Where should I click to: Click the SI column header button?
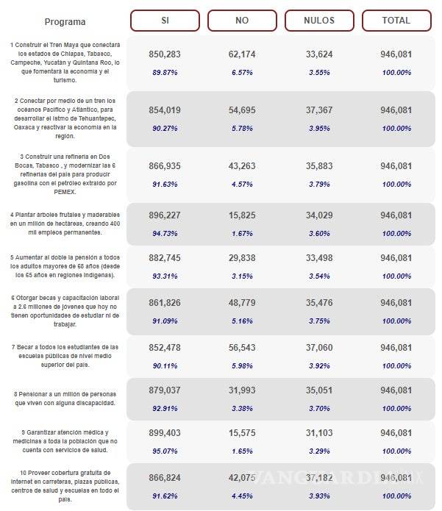pyautogui.click(x=165, y=21)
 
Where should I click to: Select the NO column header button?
pyautogui.click(x=242, y=21)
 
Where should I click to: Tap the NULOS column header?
pyautogui.click(x=319, y=21)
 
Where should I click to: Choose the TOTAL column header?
pyautogui.click(x=396, y=21)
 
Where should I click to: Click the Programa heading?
pyautogui.click(x=65, y=22)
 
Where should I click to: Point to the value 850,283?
pyautogui.click(x=165, y=54)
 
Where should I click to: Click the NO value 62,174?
pyautogui.click(x=242, y=54)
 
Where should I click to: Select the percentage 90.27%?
pyautogui.click(x=165, y=128)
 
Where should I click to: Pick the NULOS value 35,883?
pyautogui.click(x=319, y=166)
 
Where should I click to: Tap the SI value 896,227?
pyautogui.click(x=165, y=215)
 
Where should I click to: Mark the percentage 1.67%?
pyautogui.click(x=242, y=233)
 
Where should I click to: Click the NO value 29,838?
pyautogui.click(x=242, y=258)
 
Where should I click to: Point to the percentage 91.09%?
pyautogui.click(x=165, y=321)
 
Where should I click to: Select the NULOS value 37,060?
pyautogui.click(x=319, y=347)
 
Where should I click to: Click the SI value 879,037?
pyautogui.click(x=165, y=390)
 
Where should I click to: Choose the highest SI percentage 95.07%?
pyautogui.click(x=165, y=451)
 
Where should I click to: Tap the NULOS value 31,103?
pyautogui.click(x=319, y=433)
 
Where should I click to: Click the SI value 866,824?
pyautogui.click(x=165, y=477)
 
